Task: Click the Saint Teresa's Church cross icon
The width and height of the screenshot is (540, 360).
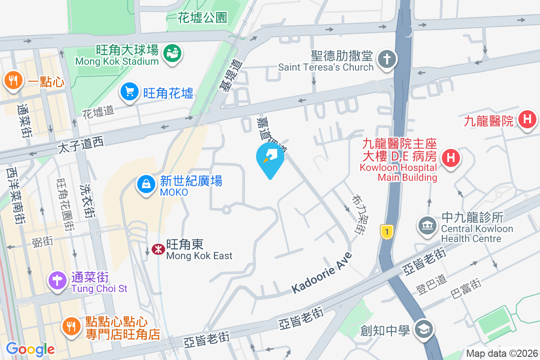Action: click(386, 59)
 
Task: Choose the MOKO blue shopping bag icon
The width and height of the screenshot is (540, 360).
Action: click(146, 184)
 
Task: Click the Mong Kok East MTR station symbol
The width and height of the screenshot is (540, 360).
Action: click(158, 249)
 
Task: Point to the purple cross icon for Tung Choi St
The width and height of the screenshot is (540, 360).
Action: click(58, 281)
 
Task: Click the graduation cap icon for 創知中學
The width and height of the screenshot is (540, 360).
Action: click(423, 329)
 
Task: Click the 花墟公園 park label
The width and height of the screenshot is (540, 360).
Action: click(202, 18)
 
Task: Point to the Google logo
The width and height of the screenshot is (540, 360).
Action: click(30, 349)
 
